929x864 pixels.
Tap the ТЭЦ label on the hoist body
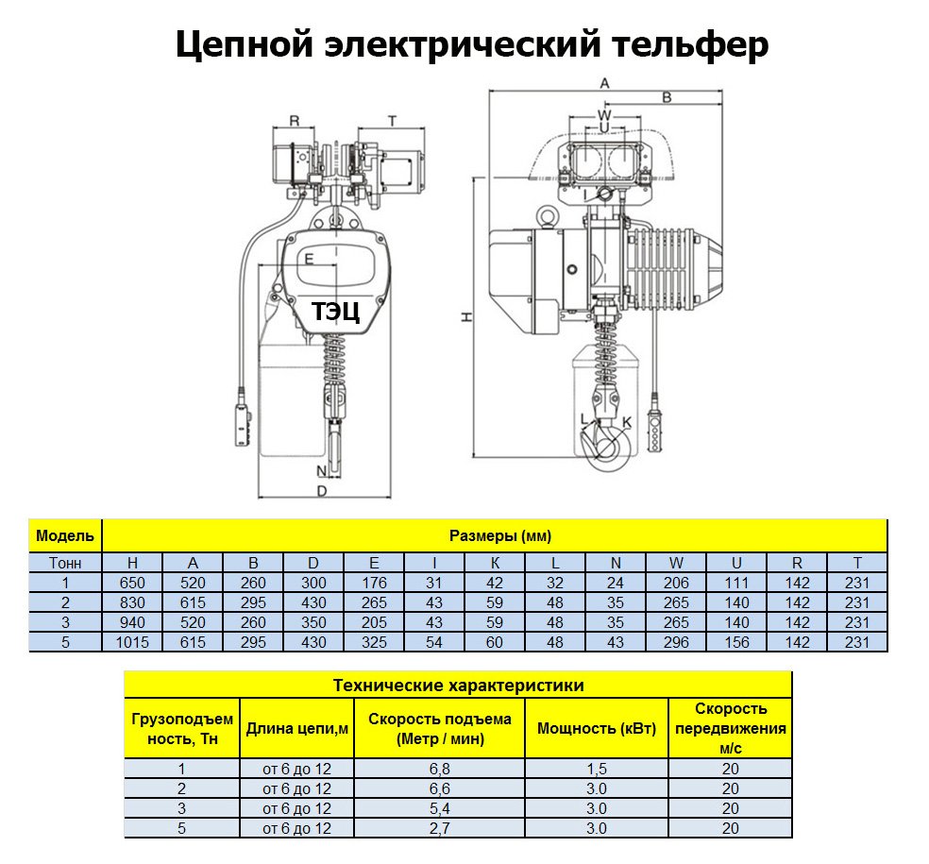pyautogui.click(x=335, y=312)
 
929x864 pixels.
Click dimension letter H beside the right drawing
pyautogui.click(x=466, y=318)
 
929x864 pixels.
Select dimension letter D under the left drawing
pyautogui.click(x=321, y=492)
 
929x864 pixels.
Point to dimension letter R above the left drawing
pyautogui.click(x=294, y=120)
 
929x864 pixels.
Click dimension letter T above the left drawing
pyautogui.click(x=391, y=120)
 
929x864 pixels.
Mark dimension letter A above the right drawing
pyautogui.click(x=605, y=83)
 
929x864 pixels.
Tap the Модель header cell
pyautogui.click(x=65, y=535)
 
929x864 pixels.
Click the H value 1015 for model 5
pyautogui.click(x=133, y=642)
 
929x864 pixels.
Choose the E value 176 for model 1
pyautogui.click(x=374, y=583)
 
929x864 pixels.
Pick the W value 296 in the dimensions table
pyautogui.click(x=676, y=642)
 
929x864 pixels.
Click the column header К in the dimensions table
pyautogui.click(x=495, y=562)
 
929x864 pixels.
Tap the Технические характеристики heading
pyautogui.click(x=458, y=685)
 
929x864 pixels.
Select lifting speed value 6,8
pyautogui.click(x=440, y=769)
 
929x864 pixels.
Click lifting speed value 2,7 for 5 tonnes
pyautogui.click(x=440, y=829)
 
